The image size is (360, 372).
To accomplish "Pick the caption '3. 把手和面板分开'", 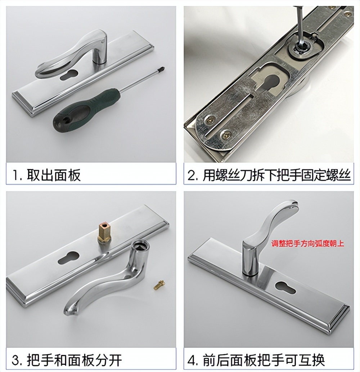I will coord(67,360).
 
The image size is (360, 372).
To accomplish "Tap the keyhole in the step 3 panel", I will coord(68,257).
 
